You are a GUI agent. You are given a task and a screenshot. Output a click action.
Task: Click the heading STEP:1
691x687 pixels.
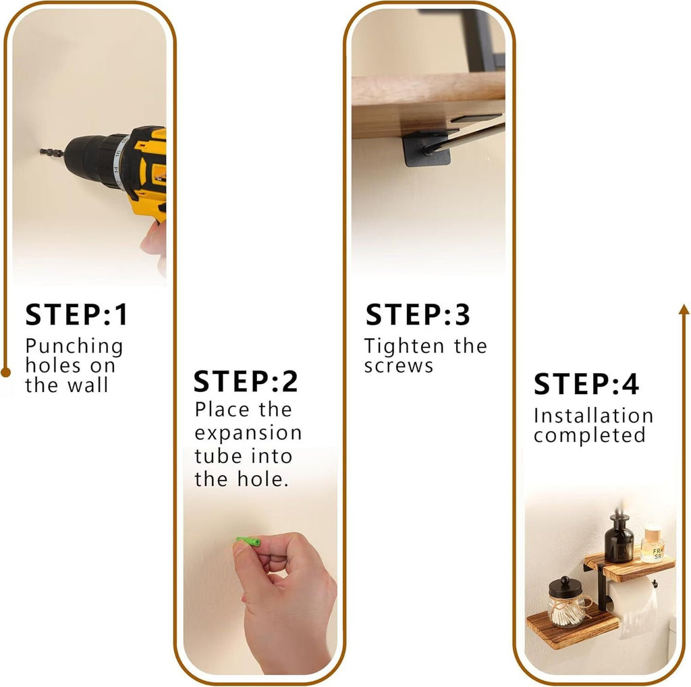click(x=77, y=314)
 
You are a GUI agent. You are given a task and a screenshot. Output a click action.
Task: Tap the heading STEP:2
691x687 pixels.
click(x=246, y=381)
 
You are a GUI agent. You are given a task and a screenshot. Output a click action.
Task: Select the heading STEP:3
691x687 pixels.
click(x=418, y=314)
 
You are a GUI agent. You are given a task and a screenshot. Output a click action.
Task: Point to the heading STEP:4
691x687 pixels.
click(x=586, y=384)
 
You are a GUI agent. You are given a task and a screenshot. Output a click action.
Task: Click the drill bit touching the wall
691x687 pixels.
click(x=51, y=153)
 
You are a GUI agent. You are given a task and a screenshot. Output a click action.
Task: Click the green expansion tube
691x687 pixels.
click(x=248, y=541)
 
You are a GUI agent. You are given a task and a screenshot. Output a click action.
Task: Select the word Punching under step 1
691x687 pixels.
click(x=74, y=347)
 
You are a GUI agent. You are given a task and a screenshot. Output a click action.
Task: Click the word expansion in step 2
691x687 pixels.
click(x=248, y=434)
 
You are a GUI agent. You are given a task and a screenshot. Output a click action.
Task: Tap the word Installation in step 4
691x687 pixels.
click(x=593, y=416)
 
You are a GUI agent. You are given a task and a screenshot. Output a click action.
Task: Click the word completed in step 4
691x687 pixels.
click(x=590, y=435)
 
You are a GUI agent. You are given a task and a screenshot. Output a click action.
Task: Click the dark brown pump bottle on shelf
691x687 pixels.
click(x=619, y=539)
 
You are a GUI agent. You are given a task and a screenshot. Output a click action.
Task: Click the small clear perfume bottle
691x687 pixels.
click(x=653, y=545)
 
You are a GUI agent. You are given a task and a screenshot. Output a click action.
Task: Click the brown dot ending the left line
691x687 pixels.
click(x=5, y=373)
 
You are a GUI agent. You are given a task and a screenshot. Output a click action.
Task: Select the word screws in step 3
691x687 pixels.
click(x=399, y=366)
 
